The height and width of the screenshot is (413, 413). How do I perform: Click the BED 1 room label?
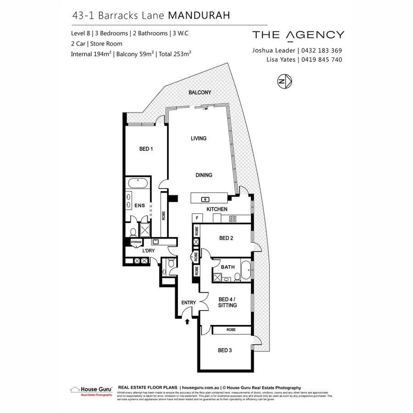point(146,149)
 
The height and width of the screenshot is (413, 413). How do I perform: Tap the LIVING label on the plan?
point(199,138)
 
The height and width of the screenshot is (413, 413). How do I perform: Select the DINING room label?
point(203,175)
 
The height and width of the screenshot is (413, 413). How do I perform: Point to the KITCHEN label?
point(217,209)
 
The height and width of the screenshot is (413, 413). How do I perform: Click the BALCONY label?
point(200,93)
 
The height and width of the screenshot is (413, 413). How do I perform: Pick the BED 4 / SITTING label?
point(228,302)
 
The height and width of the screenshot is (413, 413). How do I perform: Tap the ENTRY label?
point(189,302)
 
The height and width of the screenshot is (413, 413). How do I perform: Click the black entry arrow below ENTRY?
point(187,322)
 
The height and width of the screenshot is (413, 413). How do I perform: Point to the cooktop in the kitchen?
point(233,219)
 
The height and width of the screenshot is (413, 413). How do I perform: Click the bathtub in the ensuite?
point(136,184)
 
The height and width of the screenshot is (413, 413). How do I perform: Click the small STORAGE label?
point(136,242)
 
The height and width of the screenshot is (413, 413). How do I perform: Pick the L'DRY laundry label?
point(148,251)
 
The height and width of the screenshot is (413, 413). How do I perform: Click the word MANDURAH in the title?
point(199,15)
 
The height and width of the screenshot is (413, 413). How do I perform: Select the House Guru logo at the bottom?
point(91,390)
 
